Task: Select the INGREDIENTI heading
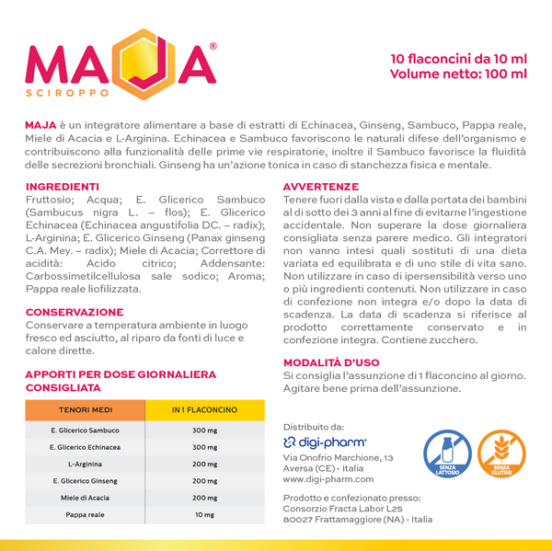(63, 186)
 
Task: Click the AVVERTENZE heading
(320, 186)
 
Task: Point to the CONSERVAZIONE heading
(75, 313)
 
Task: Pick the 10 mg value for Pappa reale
(205, 515)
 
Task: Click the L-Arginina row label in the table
(86, 465)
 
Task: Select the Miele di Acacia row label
(86, 498)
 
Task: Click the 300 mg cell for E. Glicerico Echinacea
(205, 447)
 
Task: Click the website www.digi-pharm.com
(328, 478)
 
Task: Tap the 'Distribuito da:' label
(314, 426)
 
